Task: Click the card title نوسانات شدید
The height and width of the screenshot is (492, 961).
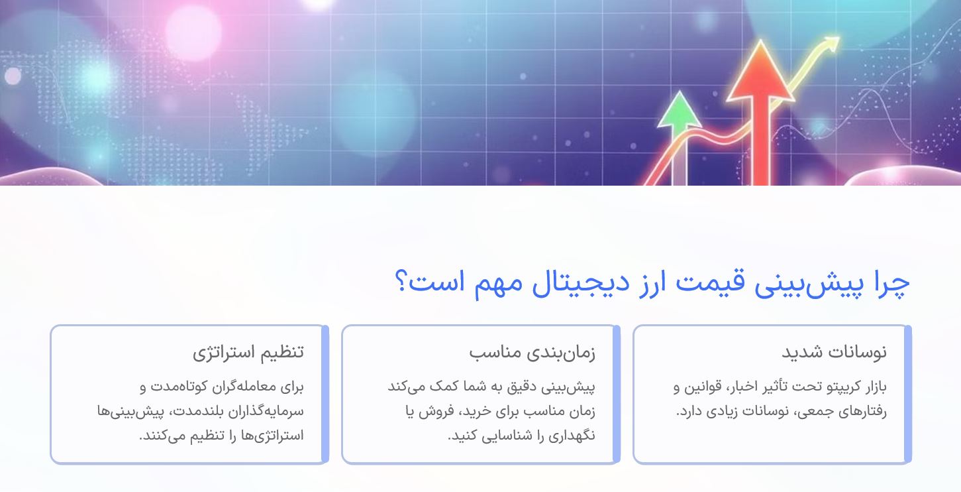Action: [834, 352]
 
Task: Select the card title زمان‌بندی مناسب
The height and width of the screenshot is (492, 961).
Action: [532, 352]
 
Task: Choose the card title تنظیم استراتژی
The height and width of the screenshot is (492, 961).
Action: [248, 352]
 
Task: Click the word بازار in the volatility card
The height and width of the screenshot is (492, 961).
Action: [871, 387]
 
